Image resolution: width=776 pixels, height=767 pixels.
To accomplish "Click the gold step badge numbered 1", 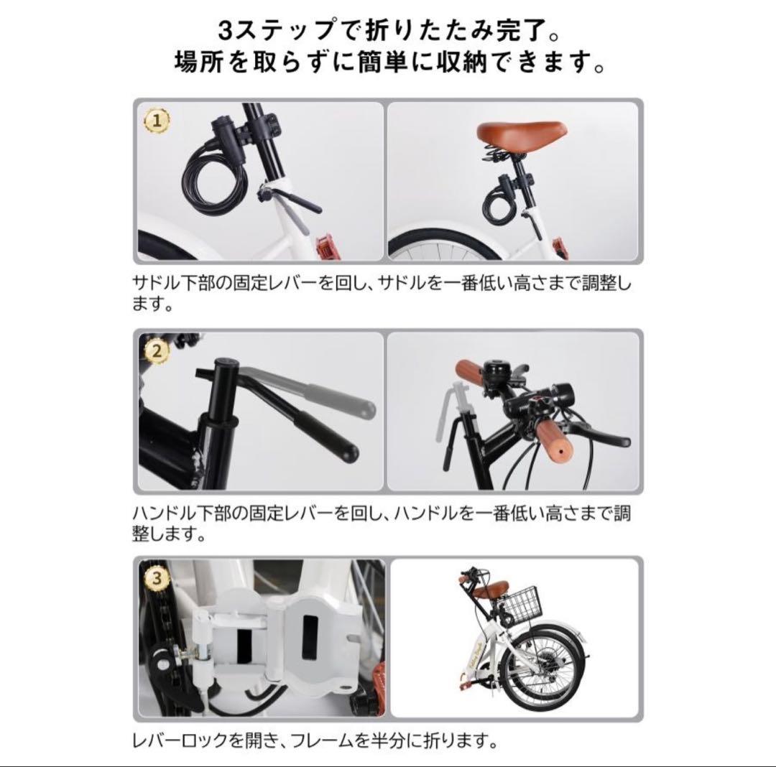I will (x=158, y=121).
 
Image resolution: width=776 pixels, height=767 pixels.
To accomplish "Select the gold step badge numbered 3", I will (x=158, y=576).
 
